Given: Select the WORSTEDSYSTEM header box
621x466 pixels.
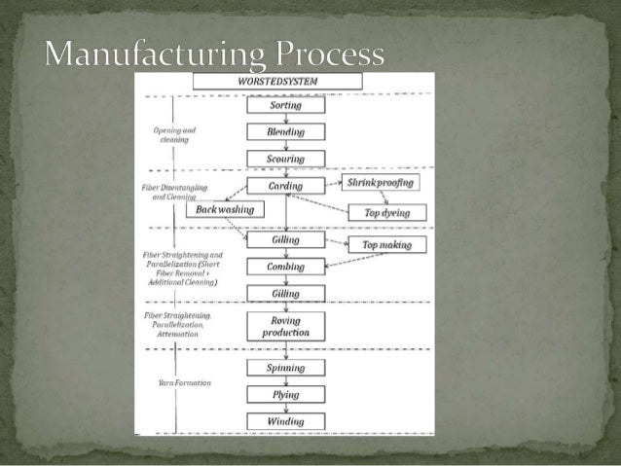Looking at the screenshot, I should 277,82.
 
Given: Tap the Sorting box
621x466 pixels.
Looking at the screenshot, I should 285,105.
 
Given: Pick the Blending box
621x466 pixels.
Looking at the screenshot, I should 285,131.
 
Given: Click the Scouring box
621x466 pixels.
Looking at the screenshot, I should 285,159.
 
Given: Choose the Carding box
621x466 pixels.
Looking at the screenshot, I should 285,186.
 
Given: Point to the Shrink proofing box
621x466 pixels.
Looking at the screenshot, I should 380,183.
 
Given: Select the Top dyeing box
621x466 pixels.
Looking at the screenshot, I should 386,212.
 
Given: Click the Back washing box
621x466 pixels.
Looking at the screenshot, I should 224,209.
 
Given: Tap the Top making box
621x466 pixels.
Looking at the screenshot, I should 386,245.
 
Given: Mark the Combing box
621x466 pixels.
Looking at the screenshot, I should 285,267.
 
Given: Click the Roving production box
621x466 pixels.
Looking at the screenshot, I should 285,326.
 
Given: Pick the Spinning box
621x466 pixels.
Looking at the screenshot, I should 285,368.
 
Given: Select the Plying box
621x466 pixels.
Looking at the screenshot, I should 285,394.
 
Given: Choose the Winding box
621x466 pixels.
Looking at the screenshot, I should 285,421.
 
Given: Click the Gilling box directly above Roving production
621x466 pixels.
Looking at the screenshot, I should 285,294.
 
